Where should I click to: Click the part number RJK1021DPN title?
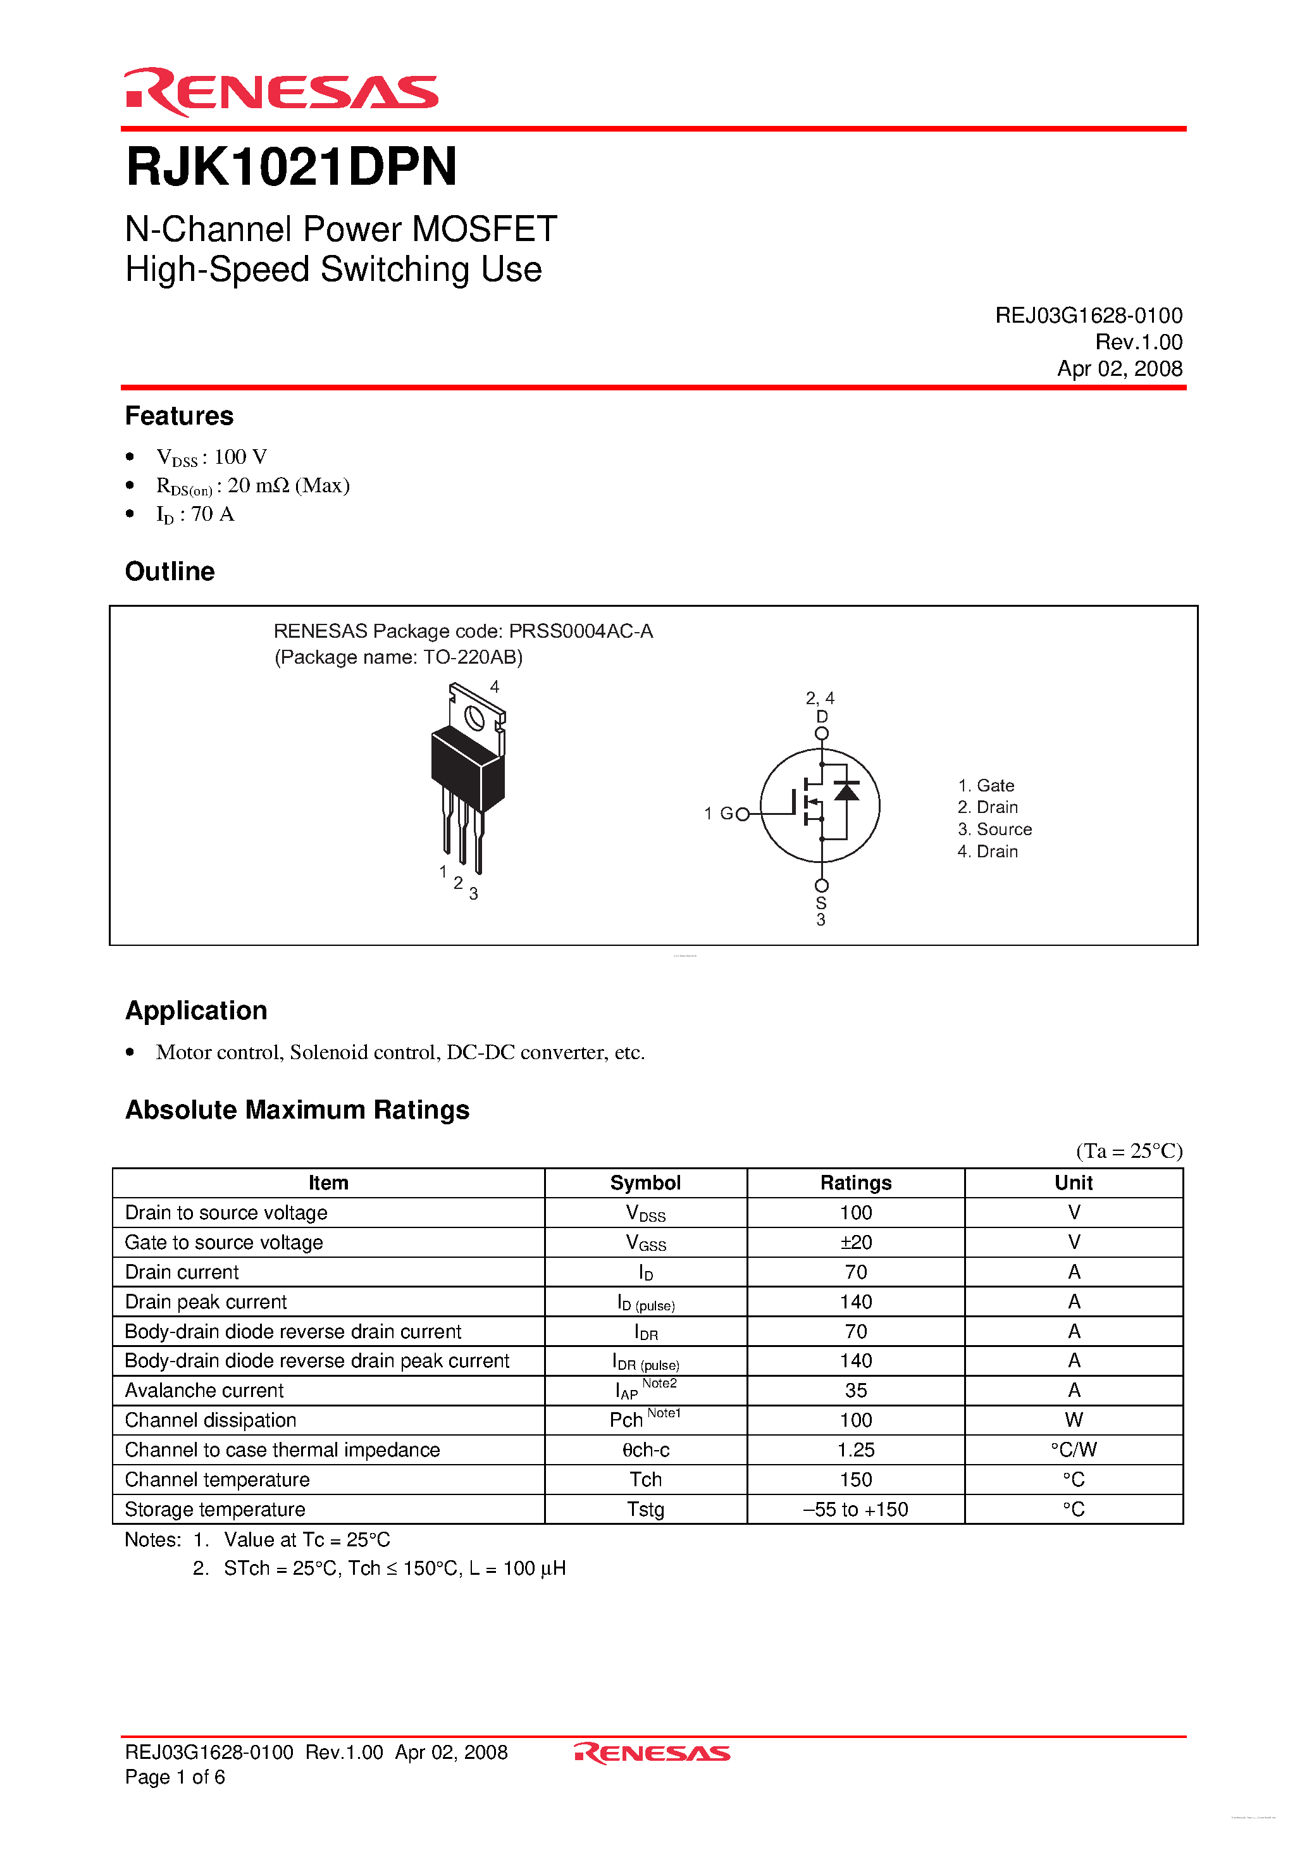[291, 167]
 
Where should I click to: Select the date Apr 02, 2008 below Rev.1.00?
[1119, 369]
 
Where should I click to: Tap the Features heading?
[179, 416]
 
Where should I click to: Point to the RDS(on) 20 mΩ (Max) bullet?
[252, 486]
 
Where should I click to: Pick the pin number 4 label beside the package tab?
[495, 686]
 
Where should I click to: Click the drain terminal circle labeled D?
[821, 733]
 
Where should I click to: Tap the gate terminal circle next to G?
[743, 814]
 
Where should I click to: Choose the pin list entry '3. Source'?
[994, 829]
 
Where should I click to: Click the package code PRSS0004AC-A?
[580, 631]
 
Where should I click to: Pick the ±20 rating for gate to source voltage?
[856, 1243]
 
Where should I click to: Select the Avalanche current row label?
[205, 1391]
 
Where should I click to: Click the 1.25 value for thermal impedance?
[856, 1450]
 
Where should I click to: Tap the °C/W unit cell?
[1074, 1450]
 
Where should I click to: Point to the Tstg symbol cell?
[645, 1509]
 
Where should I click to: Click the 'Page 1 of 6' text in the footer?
[175, 1777]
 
